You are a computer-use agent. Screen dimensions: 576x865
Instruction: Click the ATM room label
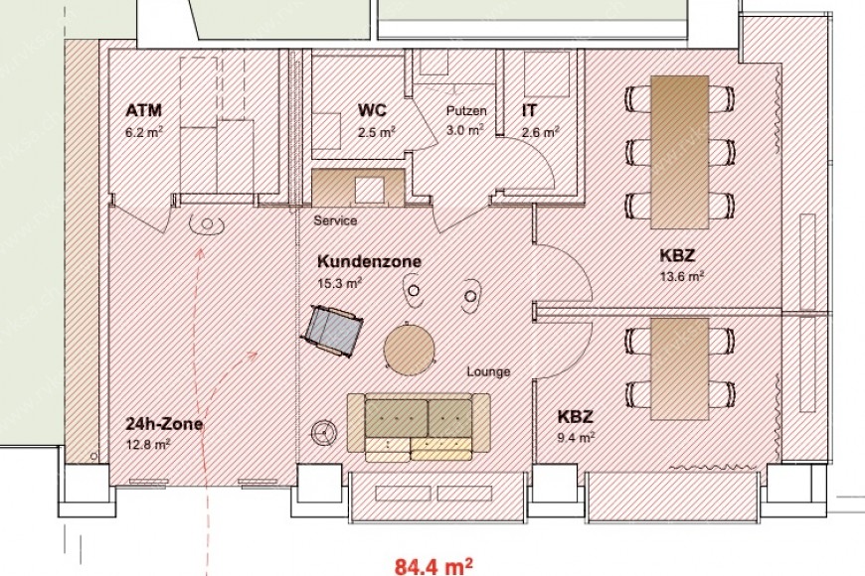144,109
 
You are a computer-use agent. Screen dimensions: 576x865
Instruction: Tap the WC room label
373,110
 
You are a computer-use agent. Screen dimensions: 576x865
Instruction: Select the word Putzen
465,111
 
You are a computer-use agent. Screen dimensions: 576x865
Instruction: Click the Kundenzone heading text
369,262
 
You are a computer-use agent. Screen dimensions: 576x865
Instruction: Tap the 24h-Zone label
164,424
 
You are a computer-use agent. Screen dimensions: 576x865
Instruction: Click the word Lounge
488,371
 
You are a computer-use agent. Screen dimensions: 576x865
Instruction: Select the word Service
334,220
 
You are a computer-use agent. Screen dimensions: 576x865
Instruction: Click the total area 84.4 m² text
432,567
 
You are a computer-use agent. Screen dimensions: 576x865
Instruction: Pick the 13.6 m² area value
682,275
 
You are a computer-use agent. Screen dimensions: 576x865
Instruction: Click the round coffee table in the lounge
409,349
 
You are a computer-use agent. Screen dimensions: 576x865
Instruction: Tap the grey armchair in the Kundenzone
333,329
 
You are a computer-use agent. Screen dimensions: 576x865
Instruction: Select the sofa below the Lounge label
418,426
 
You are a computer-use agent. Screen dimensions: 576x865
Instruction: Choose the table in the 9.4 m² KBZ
678,366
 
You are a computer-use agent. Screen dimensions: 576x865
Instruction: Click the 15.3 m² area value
340,282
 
